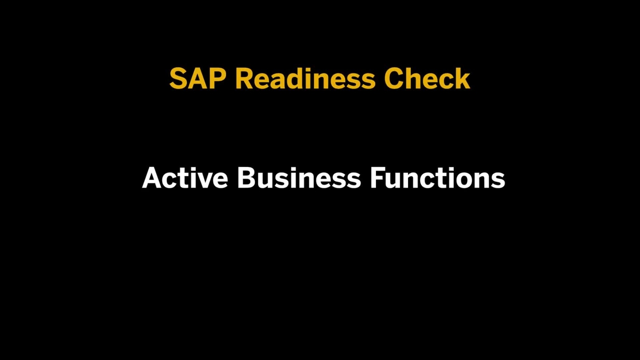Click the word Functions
point(437,178)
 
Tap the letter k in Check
point(462,79)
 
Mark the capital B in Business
point(246,178)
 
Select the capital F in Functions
point(378,178)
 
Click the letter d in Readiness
point(292,79)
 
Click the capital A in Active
point(152,178)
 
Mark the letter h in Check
point(414,79)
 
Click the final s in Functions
point(498,180)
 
